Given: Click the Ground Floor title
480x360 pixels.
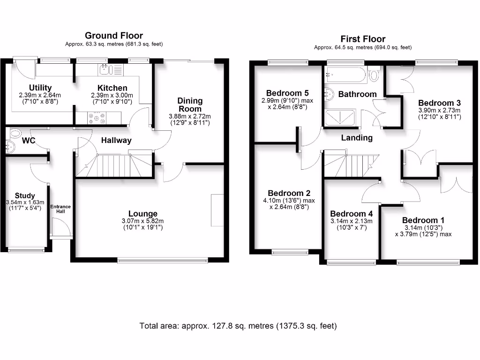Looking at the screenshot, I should [x=114, y=36].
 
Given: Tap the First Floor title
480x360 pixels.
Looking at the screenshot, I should [x=363, y=39].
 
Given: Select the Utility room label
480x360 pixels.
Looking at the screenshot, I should [x=40, y=88].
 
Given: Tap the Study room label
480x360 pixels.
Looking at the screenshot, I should [x=25, y=195].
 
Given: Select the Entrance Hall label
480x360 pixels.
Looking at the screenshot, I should [x=60, y=209].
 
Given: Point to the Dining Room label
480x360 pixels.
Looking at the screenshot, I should [x=190, y=105].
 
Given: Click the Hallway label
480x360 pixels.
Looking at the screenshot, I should [x=116, y=140].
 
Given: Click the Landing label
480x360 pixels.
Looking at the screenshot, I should [x=357, y=138].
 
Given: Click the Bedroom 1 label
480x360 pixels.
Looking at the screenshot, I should [x=423, y=220].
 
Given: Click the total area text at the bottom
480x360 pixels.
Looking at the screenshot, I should [x=238, y=325].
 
